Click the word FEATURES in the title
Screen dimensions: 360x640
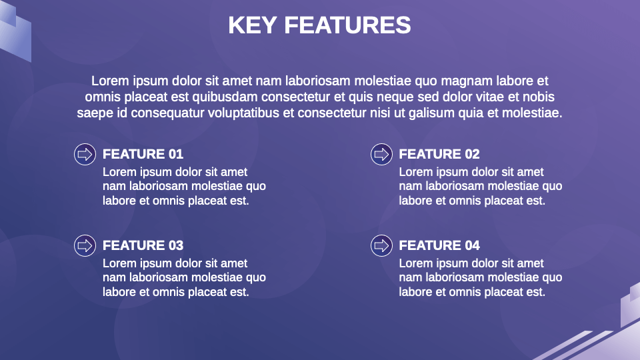(347, 25)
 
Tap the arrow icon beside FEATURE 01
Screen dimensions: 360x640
(84, 154)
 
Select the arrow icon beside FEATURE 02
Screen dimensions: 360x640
(381, 154)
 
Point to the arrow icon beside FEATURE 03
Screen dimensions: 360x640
(84, 245)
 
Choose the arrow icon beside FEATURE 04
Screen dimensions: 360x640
(381, 245)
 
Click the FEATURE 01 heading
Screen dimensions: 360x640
(143, 155)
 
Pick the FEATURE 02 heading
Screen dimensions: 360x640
(439, 155)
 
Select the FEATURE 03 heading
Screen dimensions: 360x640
(143, 246)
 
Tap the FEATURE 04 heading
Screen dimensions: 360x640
(439, 246)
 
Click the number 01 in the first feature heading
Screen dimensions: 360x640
(175, 155)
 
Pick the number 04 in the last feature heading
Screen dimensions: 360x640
(472, 246)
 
